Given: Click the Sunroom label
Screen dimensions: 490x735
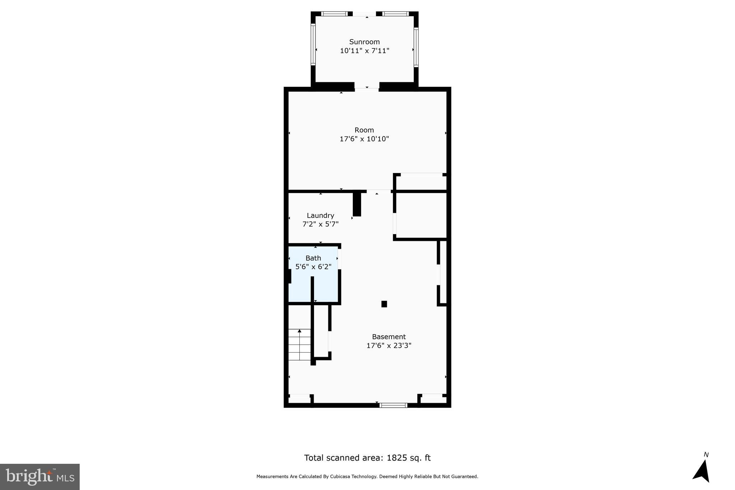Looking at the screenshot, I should click(364, 42).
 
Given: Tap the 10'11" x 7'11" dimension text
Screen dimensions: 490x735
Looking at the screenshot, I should click(364, 51).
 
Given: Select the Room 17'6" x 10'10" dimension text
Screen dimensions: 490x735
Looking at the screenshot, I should click(364, 139).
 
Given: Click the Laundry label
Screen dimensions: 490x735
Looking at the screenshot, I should click(320, 215).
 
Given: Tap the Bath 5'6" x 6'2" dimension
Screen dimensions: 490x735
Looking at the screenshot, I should click(313, 267).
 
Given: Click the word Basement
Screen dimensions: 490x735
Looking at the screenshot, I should click(389, 337).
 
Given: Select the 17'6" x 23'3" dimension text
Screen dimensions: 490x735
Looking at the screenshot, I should click(389, 346).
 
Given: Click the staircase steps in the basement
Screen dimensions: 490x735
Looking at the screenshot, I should click(299, 345).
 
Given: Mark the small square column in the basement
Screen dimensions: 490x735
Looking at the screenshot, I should click(384, 304).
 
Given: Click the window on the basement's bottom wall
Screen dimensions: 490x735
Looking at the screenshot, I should click(393, 405).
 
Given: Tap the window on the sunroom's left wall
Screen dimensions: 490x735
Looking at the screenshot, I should click(313, 45).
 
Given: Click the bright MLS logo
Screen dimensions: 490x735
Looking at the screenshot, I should click(40, 477).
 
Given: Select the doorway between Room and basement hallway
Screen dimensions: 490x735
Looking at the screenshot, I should click(378, 191).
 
